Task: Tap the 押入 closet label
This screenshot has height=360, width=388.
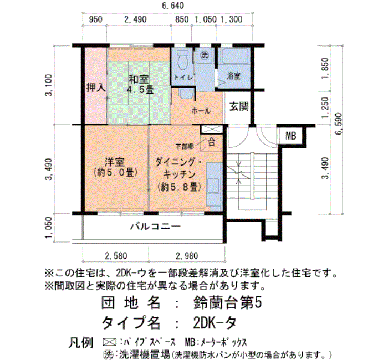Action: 95,88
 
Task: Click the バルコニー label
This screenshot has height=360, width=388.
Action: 155,227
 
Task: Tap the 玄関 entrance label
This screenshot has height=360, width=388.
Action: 239,106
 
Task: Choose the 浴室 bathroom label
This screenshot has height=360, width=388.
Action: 233,76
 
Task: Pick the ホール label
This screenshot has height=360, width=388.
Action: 201,111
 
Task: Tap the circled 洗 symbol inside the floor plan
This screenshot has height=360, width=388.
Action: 204,55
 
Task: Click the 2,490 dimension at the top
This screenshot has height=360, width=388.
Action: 135,20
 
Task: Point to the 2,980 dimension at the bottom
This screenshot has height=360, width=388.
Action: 186,255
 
